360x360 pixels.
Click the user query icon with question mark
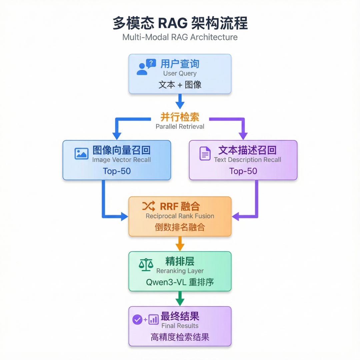146,67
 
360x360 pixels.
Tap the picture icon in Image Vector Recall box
81,153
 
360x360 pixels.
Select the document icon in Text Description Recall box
205,154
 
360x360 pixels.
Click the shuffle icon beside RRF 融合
148,206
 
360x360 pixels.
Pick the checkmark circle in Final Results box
137,319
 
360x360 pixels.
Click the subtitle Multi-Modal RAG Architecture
180,37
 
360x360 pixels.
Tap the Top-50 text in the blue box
117,171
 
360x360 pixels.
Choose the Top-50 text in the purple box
243,171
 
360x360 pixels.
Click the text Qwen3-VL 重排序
180,282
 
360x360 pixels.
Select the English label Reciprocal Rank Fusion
180,216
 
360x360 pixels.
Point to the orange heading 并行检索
180,117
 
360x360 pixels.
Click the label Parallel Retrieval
180,127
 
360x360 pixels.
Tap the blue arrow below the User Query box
180,100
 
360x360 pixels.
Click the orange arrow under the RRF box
180,243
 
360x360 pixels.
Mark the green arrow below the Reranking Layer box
180,298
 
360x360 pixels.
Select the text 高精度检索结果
180,337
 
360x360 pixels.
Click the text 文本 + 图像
180,84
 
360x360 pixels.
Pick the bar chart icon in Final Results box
153,319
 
